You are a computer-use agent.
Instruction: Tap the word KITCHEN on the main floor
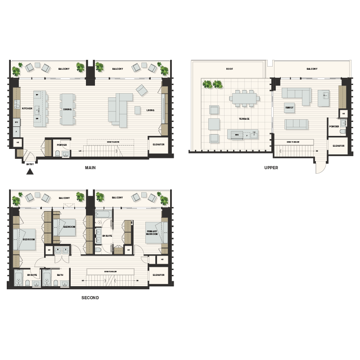pos(27,108)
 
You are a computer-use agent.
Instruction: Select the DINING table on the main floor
pos(67,109)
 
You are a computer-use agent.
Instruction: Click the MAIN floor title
pos(90,168)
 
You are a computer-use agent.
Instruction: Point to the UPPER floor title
pos(271,168)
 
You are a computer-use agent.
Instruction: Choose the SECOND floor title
pos(90,298)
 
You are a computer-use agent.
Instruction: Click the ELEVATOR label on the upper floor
pos(338,146)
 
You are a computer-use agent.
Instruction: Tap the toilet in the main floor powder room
pos(58,154)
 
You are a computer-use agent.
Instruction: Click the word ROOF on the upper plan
pos(229,69)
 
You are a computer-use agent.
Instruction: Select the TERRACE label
pos(244,119)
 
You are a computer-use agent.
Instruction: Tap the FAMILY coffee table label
pos(289,108)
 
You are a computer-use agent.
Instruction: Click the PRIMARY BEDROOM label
pos(152,233)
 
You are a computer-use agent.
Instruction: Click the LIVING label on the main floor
pos(150,109)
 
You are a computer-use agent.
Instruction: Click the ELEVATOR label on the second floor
pos(158,275)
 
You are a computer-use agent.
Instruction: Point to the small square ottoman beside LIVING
pos(138,109)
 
